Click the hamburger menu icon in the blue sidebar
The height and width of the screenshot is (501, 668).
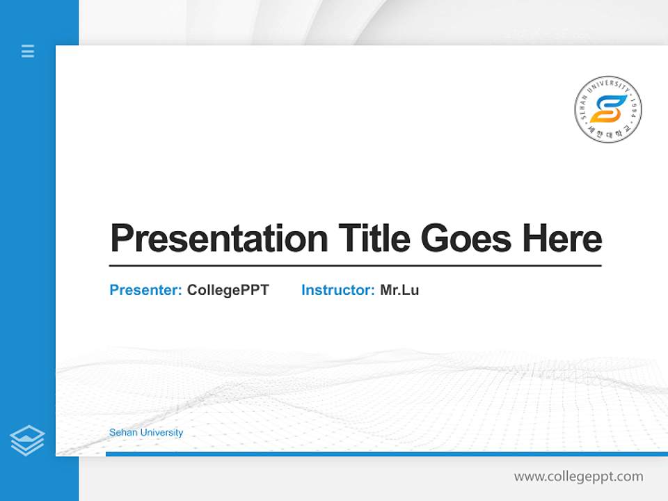click(x=28, y=51)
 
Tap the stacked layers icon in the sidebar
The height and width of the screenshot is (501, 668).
click(x=27, y=440)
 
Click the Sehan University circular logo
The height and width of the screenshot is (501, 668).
click(x=608, y=109)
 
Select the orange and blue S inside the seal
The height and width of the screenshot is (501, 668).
click(x=608, y=109)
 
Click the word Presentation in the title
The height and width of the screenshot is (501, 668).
click(x=218, y=239)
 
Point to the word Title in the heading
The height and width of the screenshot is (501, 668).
click(x=374, y=239)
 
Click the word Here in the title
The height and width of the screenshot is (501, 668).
click(x=562, y=239)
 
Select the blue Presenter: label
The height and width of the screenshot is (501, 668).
click(x=145, y=290)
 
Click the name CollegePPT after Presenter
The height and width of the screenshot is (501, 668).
click(x=228, y=290)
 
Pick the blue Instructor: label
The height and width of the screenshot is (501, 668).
click(x=337, y=290)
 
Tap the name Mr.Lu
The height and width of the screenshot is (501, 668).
click(x=399, y=290)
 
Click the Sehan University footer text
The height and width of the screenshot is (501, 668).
click(x=146, y=432)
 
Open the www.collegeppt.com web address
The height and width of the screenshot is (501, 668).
click(x=578, y=477)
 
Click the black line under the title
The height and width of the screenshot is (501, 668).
click(x=355, y=266)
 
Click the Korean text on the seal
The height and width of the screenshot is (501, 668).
click(x=608, y=132)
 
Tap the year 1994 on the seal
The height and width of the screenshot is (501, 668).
click(x=633, y=111)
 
